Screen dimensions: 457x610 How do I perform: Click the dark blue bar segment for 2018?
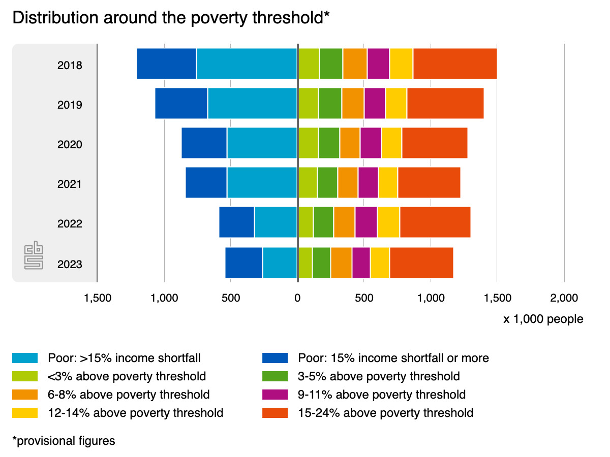167,64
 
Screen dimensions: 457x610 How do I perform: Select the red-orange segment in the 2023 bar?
421,263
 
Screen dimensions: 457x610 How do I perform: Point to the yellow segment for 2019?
396,104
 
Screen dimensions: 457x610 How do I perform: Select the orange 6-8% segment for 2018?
355,64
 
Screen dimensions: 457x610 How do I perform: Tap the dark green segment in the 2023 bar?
321,263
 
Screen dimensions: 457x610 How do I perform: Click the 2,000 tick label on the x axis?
564,298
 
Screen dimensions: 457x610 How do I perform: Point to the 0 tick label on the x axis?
297,298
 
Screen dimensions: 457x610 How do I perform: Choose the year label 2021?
70,184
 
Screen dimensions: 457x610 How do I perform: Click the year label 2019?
70,105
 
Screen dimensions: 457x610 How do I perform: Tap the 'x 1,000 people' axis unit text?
543,319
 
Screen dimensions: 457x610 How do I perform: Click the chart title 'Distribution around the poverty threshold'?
171,18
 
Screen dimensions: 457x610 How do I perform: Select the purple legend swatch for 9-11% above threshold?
275,395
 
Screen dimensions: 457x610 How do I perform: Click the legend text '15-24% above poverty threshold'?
385,413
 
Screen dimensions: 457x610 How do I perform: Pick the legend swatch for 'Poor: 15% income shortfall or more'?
275,358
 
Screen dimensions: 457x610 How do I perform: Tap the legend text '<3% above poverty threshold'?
127,376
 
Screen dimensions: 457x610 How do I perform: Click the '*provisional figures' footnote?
64,441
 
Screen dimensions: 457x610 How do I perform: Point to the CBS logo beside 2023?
34,256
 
